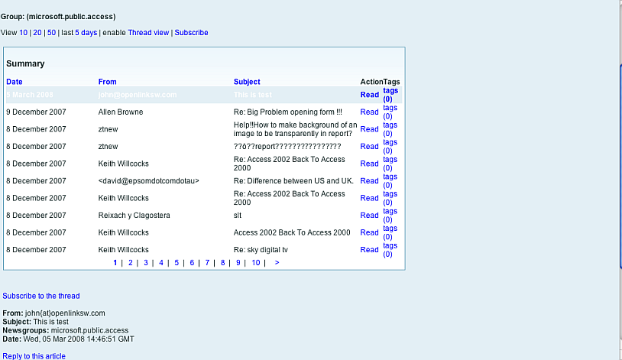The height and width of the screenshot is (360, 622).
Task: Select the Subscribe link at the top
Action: [x=191, y=33]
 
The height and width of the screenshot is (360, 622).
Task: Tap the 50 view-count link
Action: [x=51, y=33]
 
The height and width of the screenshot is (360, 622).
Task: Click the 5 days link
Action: [x=86, y=33]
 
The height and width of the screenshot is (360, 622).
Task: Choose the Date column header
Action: [x=15, y=82]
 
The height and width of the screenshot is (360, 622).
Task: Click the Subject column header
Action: [x=247, y=82]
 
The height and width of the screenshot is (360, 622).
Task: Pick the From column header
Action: [x=108, y=82]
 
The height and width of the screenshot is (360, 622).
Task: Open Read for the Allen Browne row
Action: [x=369, y=112]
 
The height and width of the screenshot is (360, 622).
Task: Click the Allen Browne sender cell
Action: [x=121, y=112]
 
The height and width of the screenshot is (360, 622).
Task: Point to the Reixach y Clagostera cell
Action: [x=134, y=216]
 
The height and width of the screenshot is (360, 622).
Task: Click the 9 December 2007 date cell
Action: [x=36, y=112]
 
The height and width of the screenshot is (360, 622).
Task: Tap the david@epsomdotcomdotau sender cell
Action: [x=149, y=181]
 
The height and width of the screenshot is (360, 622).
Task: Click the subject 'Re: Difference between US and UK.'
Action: [x=293, y=181]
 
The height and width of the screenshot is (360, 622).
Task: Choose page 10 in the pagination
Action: [x=255, y=263]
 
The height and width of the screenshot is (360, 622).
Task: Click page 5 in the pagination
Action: [x=177, y=263]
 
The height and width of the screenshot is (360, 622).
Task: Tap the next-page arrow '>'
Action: [x=277, y=263]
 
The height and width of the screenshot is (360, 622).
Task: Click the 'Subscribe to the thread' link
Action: [x=41, y=296]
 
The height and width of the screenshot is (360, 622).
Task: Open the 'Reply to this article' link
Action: [x=34, y=356]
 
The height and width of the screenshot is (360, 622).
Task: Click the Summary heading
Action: [x=25, y=64]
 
